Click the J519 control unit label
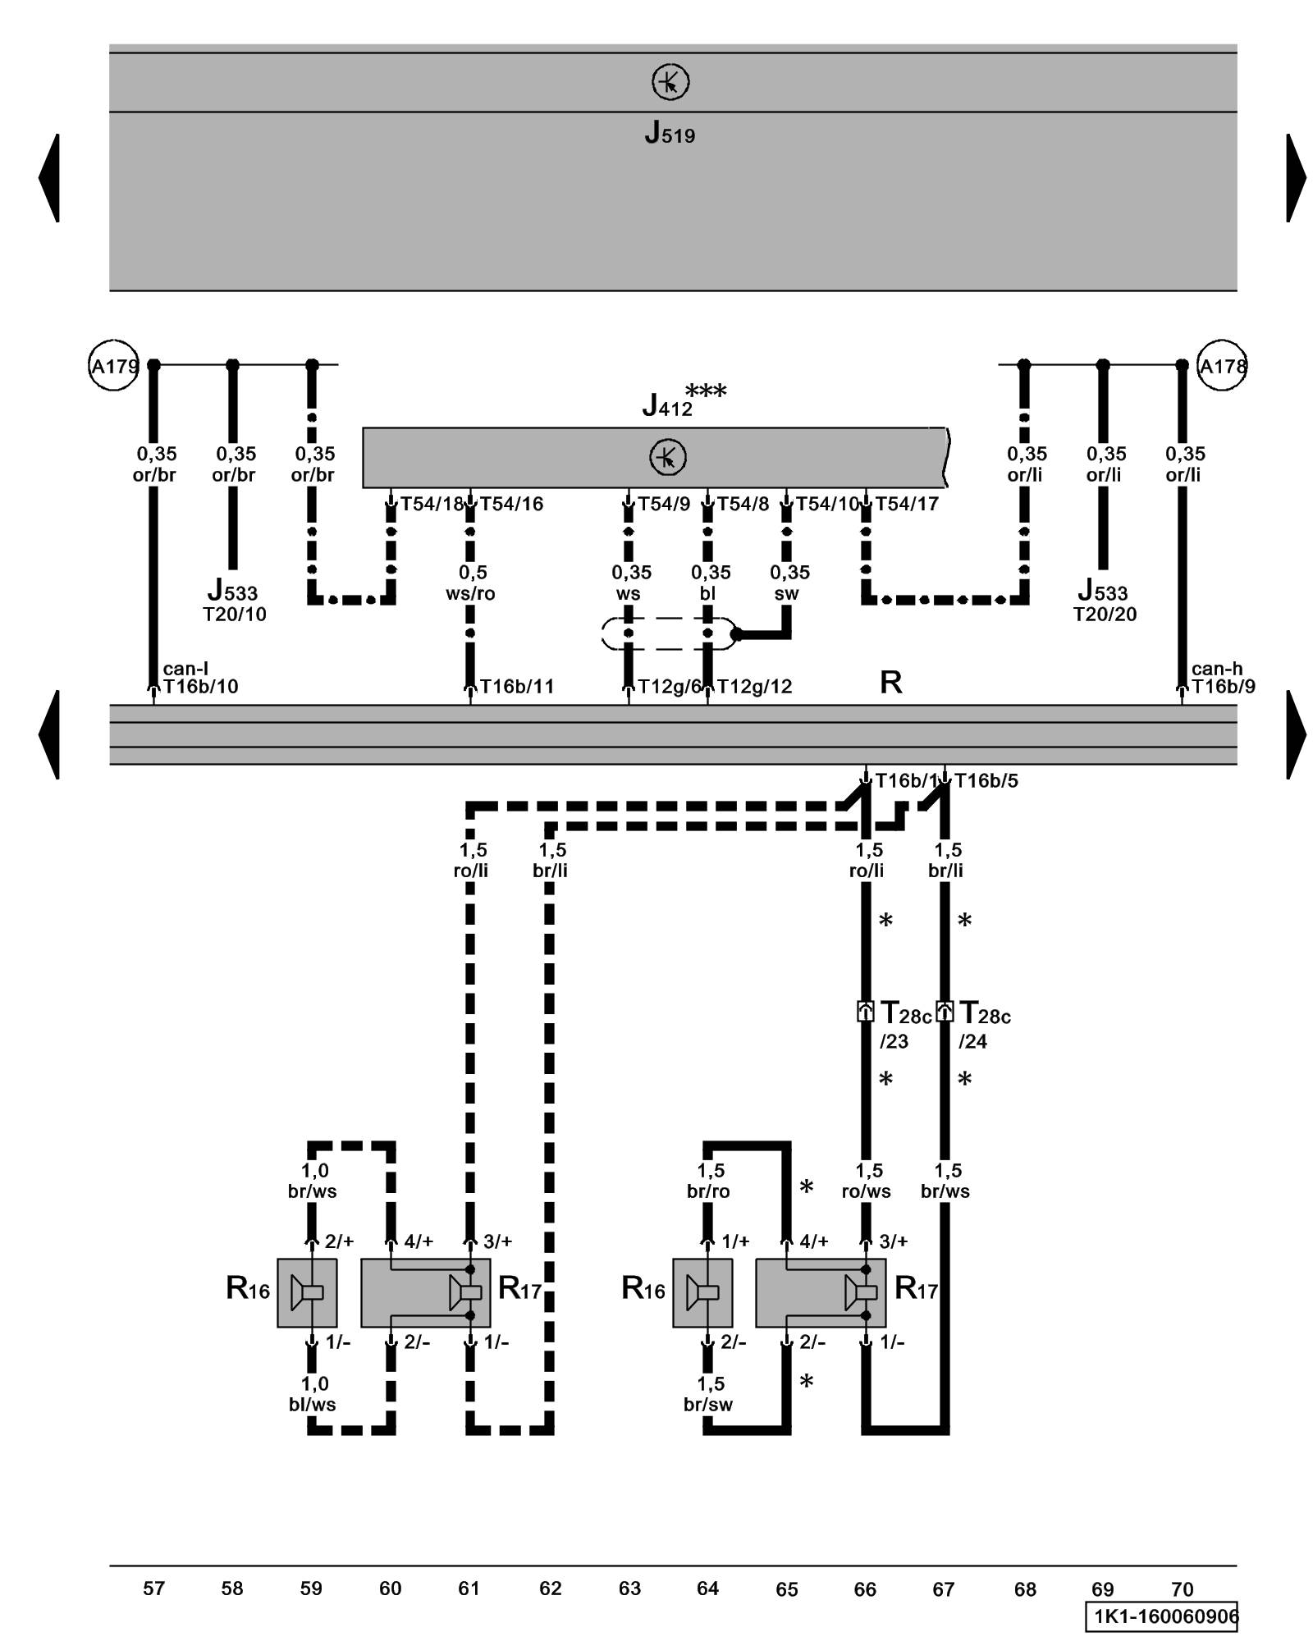pos(669,133)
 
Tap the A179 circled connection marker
pos(114,365)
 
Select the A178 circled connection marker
pos(1222,366)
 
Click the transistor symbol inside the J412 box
pos(667,457)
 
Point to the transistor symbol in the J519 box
pos(670,82)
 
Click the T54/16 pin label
pos(511,504)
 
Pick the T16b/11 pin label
pos(516,686)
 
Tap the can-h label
pos(1216,669)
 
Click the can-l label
pos(185,669)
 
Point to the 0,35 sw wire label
pos(789,583)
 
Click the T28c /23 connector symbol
pos(866,1011)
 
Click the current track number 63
pos(629,1588)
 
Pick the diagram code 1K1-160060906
pos(1161,1616)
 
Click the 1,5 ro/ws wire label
pos(867,1180)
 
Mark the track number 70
pos(1182,1588)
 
